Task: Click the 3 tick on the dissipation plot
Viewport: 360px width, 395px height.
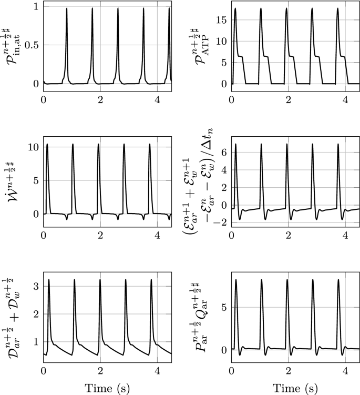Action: pyautogui.click(x=35, y=287)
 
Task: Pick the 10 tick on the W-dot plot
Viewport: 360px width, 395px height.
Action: pyautogui.click(x=33, y=147)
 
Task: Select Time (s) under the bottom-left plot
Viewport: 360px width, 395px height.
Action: pyautogui.click(x=107, y=388)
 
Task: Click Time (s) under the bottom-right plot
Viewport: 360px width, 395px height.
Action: pyautogui.click(x=295, y=388)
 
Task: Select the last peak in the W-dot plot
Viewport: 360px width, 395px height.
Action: pyautogui.click(x=150, y=145)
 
